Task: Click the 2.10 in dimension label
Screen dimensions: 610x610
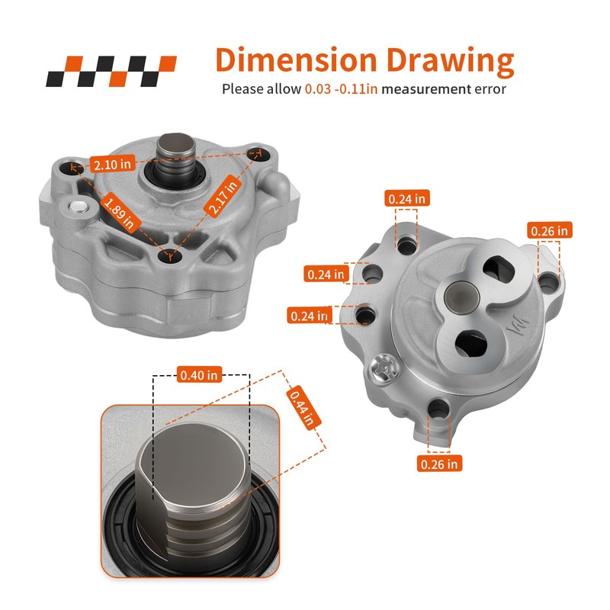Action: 112,164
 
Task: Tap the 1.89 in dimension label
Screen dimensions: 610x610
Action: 120,213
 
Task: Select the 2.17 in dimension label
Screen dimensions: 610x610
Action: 223,196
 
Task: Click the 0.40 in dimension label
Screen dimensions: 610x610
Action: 199,375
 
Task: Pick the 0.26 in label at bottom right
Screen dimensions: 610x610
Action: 439,464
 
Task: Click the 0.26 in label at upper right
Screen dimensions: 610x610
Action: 549,231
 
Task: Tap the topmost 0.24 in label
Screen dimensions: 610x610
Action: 407,199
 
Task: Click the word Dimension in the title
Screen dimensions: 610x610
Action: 296,60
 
